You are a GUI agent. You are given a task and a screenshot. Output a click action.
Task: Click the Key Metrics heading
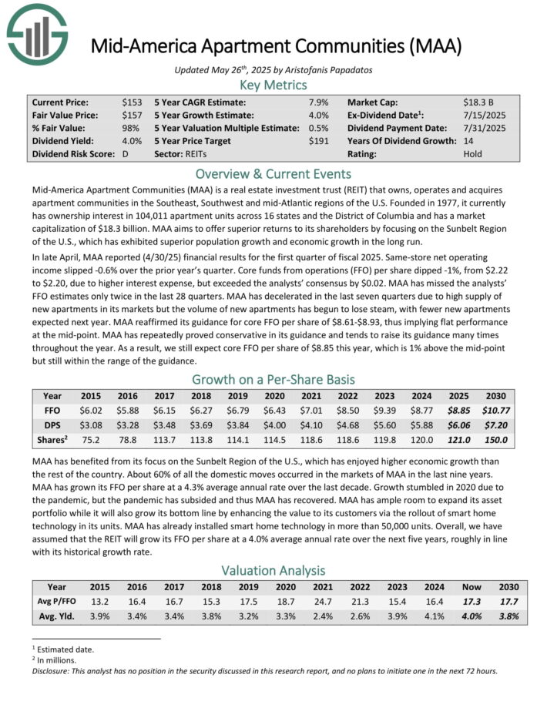click(x=273, y=85)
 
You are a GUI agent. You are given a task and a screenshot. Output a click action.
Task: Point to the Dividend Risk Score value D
click(x=126, y=154)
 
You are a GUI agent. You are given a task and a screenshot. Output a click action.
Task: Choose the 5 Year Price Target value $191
click(x=318, y=141)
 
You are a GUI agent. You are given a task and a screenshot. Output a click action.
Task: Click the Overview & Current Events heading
click(x=273, y=173)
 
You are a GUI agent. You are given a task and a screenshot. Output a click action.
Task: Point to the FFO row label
click(x=53, y=412)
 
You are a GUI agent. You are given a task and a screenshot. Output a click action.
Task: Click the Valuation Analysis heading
click(x=273, y=570)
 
